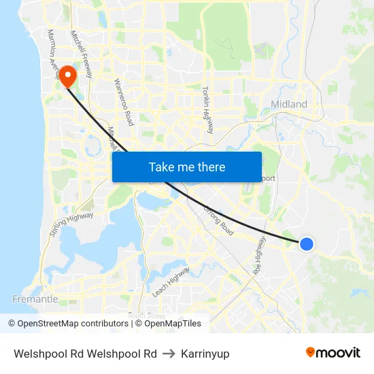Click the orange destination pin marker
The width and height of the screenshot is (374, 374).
(68, 75)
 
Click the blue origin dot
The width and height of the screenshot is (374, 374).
(307, 243)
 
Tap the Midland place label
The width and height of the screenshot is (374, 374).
(289, 104)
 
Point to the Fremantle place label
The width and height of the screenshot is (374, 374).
(35, 299)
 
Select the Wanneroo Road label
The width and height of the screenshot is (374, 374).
(124, 102)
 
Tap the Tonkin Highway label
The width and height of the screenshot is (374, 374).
(207, 109)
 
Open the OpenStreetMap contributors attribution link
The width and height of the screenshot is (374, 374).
(72, 324)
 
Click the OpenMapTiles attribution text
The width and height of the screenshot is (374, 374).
(169, 324)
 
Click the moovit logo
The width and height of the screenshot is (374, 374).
(333, 352)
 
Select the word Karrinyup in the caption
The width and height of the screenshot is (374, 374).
(205, 354)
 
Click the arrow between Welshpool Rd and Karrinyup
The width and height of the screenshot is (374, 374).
(169, 354)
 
